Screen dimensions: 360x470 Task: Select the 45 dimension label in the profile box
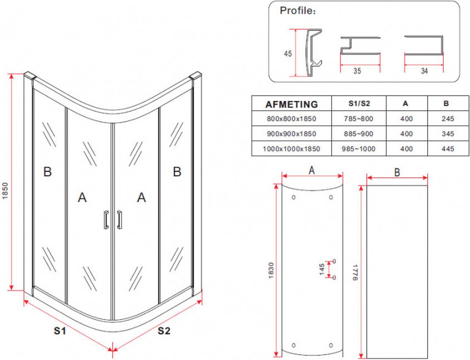tap(288, 54)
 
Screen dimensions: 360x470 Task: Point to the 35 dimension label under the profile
tap(357, 71)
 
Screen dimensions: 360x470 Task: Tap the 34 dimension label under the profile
tap(424, 71)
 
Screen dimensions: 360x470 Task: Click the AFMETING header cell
tap(291, 104)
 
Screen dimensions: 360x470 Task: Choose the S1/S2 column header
tap(359, 104)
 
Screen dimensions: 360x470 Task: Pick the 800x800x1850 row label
tap(291, 119)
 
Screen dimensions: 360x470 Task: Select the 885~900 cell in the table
tap(359, 134)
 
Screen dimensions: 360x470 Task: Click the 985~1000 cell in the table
tap(359, 149)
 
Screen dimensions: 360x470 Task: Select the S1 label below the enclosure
tap(59, 331)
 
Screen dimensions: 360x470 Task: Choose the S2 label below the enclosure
tap(164, 331)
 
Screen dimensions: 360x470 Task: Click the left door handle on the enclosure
tap(105, 219)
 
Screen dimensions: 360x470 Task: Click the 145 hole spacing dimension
tap(322, 269)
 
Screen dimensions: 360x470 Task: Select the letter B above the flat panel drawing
tap(397, 173)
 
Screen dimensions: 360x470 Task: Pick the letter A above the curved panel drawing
tap(312, 170)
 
